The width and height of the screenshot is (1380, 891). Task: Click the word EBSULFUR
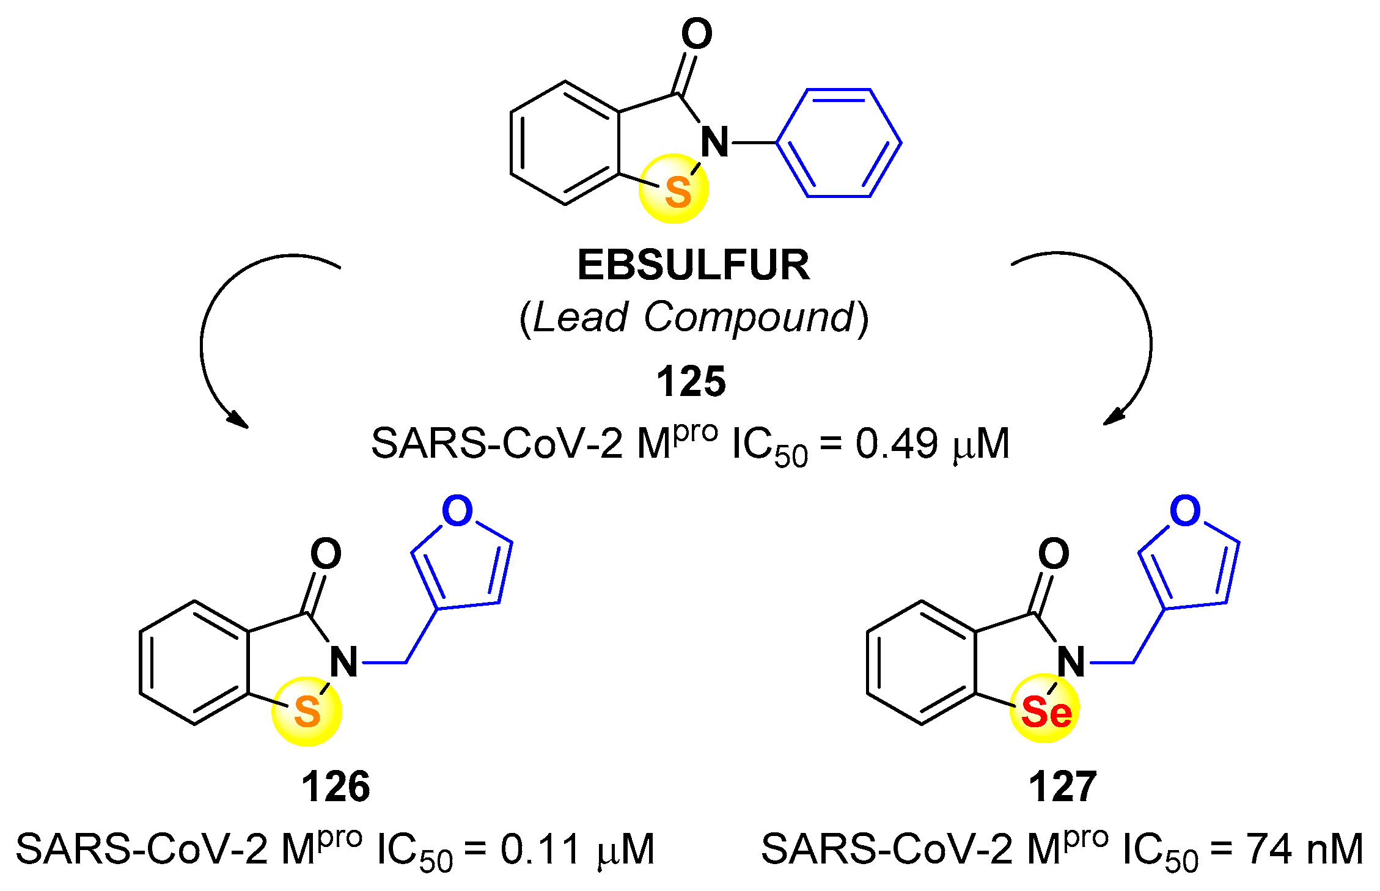[x=693, y=265]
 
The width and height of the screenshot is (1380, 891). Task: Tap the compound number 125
[x=691, y=382]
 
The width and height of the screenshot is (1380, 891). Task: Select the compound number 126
[x=336, y=787]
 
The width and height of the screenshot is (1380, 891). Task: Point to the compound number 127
[x=1062, y=787]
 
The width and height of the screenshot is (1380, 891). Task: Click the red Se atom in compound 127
[x=1046, y=712]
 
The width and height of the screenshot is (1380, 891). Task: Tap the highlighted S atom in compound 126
[x=307, y=711]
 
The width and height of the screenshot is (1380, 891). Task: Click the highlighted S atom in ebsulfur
[x=677, y=192]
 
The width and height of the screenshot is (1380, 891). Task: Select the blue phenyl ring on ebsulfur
[x=839, y=143]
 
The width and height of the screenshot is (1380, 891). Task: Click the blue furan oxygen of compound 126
[x=457, y=511]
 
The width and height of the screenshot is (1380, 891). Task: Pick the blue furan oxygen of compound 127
[x=1185, y=511]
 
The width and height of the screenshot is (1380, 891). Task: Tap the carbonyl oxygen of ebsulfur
[x=697, y=34]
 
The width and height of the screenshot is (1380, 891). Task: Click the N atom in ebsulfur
[x=714, y=142]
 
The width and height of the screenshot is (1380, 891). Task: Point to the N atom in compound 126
[x=344, y=662]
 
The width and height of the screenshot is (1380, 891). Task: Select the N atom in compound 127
[x=1071, y=662]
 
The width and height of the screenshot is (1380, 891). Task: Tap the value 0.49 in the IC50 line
[x=896, y=444]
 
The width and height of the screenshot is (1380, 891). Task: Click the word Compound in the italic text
[x=749, y=317]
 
